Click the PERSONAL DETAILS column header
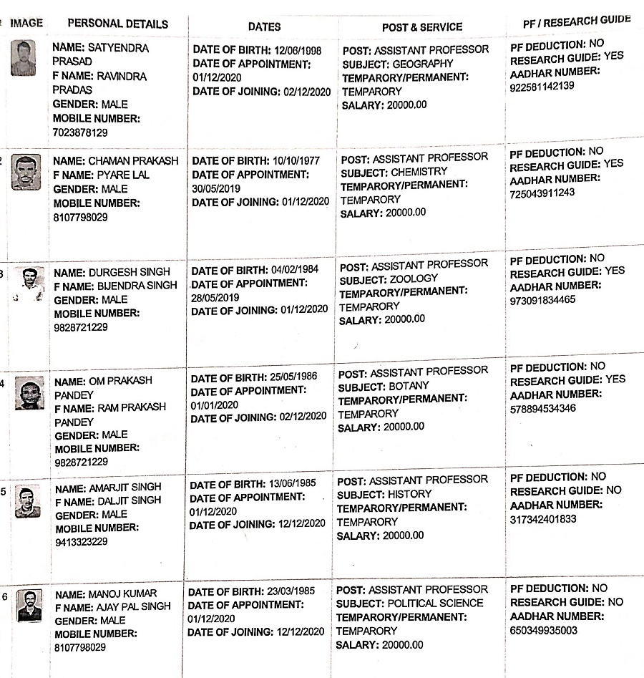tap(118, 24)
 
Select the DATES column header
tap(264, 26)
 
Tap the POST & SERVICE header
tap(422, 26)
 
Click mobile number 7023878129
tap(80, 132)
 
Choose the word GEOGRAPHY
tap(424, 64)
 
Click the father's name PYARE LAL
tap(122, 175)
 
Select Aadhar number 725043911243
tap(542, 193)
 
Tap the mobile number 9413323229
tap(81, 542)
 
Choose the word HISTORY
tap(410, 494)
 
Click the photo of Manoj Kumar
tap(29, 604)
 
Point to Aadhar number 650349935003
tap(544, 630)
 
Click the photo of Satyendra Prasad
tap(24, 58)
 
